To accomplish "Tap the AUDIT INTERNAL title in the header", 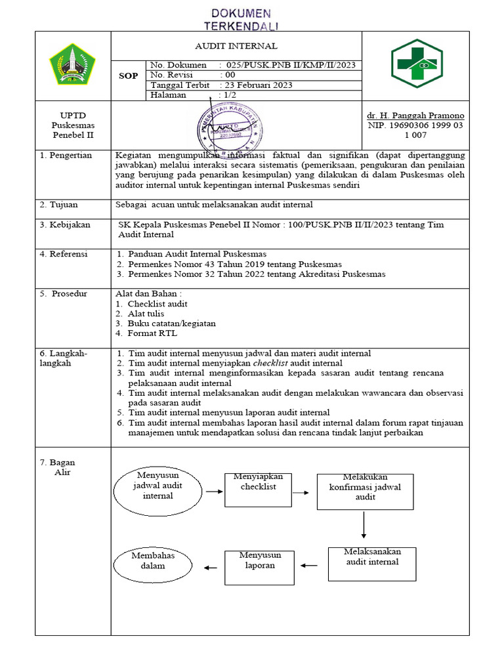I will [x=236, y=46].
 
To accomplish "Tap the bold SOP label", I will [x=128, y=76].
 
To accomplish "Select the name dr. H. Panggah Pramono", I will [x=415, y=115].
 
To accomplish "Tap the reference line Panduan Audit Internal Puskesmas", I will [x=197, y=254].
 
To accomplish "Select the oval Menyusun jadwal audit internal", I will [x=157, y=490].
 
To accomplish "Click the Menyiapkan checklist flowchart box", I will [x=258, y=489].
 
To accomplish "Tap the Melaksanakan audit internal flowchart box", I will [x=372, y=562].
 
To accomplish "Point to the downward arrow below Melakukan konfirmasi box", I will [x=364, y=524].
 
